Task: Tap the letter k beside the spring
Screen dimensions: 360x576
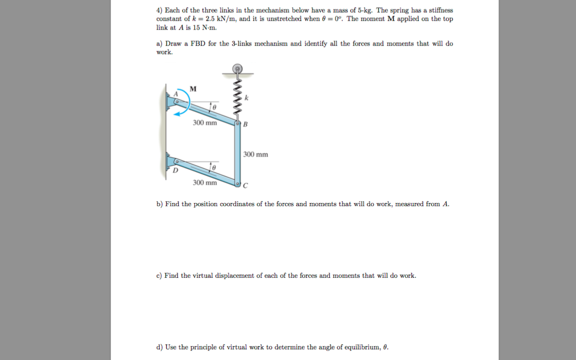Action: [246, 98]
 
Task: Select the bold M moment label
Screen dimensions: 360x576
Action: [193, 89]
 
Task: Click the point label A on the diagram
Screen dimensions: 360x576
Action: [175, 94]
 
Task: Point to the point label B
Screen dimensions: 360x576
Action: [245, 124]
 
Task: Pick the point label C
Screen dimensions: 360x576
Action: [245, 186]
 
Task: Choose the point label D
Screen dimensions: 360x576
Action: [175, 170]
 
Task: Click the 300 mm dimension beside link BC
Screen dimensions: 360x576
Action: [256, 154]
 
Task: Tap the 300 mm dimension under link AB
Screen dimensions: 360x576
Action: [205, 123]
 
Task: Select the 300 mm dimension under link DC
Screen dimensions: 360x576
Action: [205, 183]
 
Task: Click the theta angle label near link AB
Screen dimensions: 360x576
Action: [214, 108]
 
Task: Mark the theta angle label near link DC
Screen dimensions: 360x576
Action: [214, 168]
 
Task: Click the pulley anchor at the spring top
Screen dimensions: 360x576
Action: [238, 69]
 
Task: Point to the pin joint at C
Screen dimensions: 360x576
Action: [237, 184]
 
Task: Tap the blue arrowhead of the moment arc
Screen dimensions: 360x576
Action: [177, 114]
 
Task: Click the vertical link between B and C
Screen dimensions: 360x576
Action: [238, 154]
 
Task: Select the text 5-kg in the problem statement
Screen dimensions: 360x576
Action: [365, 10]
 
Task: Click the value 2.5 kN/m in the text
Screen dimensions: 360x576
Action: [220, 19]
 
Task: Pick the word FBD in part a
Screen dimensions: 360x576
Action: [198, 44]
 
